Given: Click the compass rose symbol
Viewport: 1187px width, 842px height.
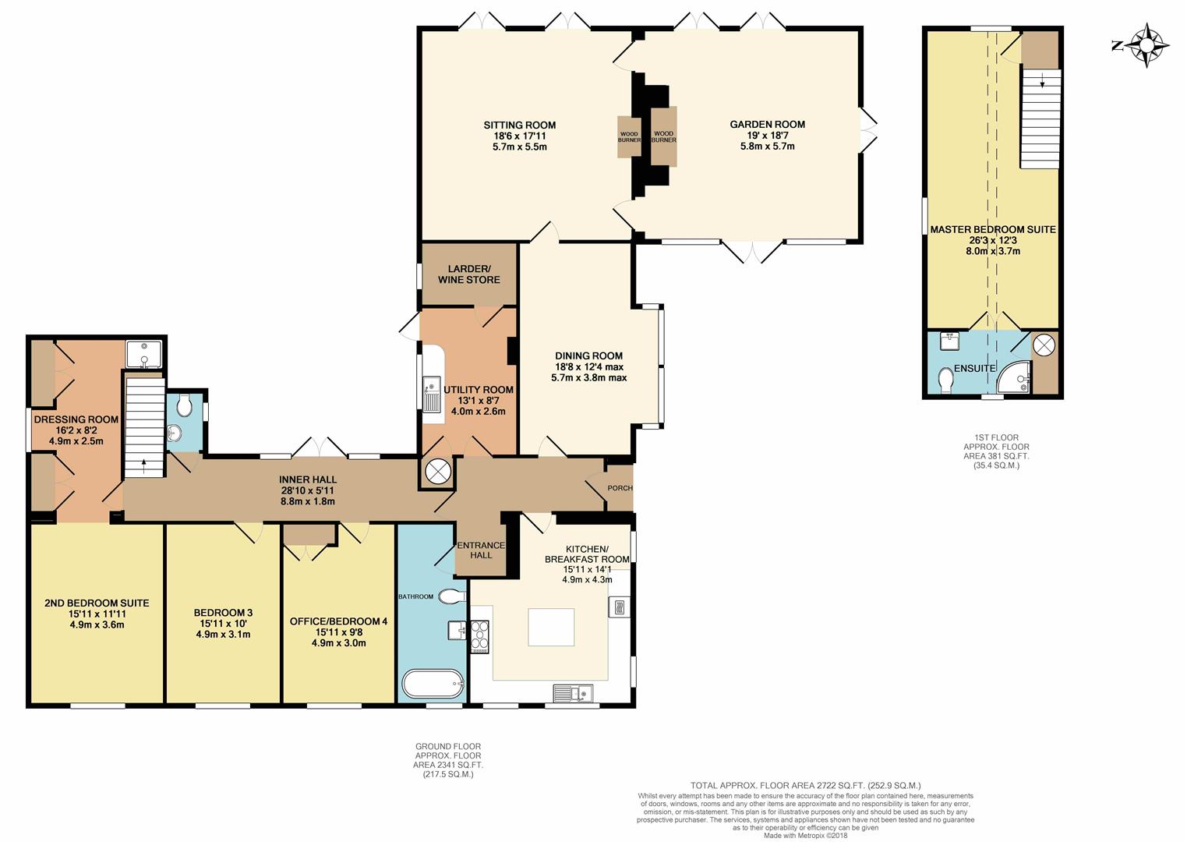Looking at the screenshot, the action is click(x=1146, y=45).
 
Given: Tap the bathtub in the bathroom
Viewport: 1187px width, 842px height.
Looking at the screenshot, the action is click(x=433, y=684).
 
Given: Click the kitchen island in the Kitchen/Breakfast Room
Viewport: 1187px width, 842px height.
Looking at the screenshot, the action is click(x=551, y=627).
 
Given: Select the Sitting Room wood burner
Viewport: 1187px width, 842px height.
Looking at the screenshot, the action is click(x=629, y=136).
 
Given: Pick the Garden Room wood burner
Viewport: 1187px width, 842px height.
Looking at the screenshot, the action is click(x=664, y=136).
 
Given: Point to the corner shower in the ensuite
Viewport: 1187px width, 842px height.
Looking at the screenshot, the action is click(x=1014, y=379).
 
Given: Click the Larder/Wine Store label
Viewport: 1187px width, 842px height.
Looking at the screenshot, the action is click(x=469, y=274).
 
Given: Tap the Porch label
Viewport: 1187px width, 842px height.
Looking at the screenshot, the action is click(x=620, y=488).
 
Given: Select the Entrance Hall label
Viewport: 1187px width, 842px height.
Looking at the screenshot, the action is click(x=481, y=550).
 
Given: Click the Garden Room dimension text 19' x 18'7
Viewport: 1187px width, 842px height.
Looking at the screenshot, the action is click(x=768, y=135).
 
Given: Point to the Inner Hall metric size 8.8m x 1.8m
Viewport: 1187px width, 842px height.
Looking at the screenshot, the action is click(x=308, y=501).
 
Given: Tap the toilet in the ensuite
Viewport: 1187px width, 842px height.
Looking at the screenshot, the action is click(x=945, y=380).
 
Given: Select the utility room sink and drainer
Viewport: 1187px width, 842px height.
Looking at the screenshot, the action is click(x=432, y=393).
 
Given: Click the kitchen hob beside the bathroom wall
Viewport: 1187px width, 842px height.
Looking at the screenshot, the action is click(x=479, y=636).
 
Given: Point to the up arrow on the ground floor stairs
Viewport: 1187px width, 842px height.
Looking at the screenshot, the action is click(x=144, y=466).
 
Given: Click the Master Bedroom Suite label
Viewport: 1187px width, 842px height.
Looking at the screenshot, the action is click(x=993, y=229).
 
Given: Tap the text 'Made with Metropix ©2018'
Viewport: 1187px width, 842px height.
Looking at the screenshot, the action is click(x=805, y=836).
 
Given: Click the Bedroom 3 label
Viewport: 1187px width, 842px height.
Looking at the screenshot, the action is click(x=223, y=613).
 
